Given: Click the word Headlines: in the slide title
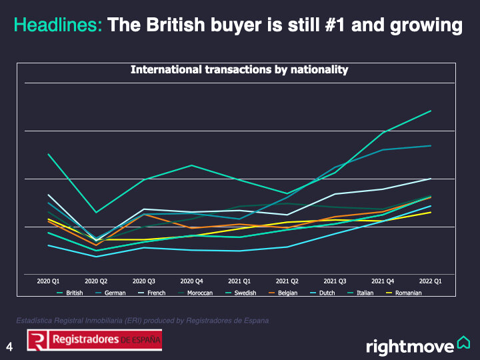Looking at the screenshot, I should [x=58, y=26].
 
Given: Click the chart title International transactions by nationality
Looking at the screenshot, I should [x=239, y=69].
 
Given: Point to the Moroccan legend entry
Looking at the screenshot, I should [x=199, y=293].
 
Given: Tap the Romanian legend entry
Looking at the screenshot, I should [x=408, y=293].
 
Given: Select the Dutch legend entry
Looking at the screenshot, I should [x=327, y=293].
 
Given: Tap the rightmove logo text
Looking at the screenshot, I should [x=410, y=347].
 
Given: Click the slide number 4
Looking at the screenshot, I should [x=9, y=346].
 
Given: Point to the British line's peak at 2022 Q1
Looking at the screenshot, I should [x=430, y=111].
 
